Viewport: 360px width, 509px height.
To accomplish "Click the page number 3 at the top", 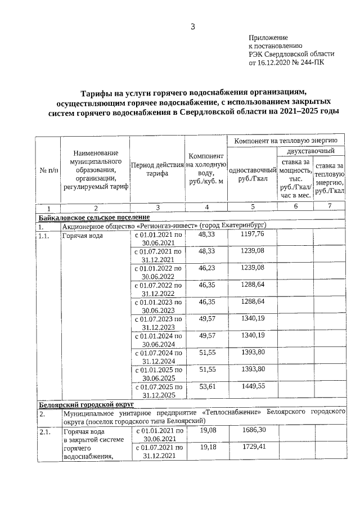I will pyautogui.click(x=192, y=26).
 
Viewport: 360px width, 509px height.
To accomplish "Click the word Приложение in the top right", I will pyautogui.click(x=268, y=37).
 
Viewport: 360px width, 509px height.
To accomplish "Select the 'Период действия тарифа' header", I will pyautogui.click(x=157, y=170).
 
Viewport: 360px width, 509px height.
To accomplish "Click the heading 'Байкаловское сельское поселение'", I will pyautogui.click(x=94, y=217).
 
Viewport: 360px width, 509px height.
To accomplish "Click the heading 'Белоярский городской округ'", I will pyautogui.click(x=85, y=404).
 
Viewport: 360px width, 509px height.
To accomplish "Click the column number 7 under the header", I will pyautogui.click(x=329, y=208).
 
